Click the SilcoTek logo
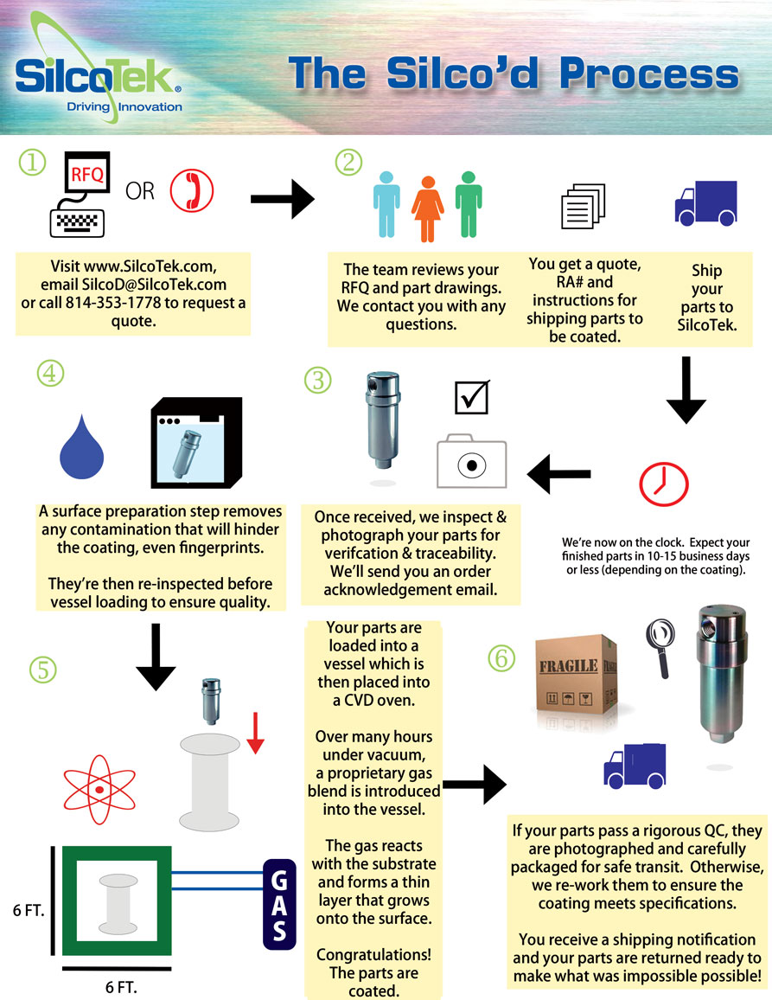pos(97,73)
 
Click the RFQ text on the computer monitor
pos(86,174)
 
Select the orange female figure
pos(427,205)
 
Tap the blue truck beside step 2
pos(705,203)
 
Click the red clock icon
pos(664,483)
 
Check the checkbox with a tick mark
pos(472,397)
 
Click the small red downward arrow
pos(254,734)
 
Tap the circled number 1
pos(32,163)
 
